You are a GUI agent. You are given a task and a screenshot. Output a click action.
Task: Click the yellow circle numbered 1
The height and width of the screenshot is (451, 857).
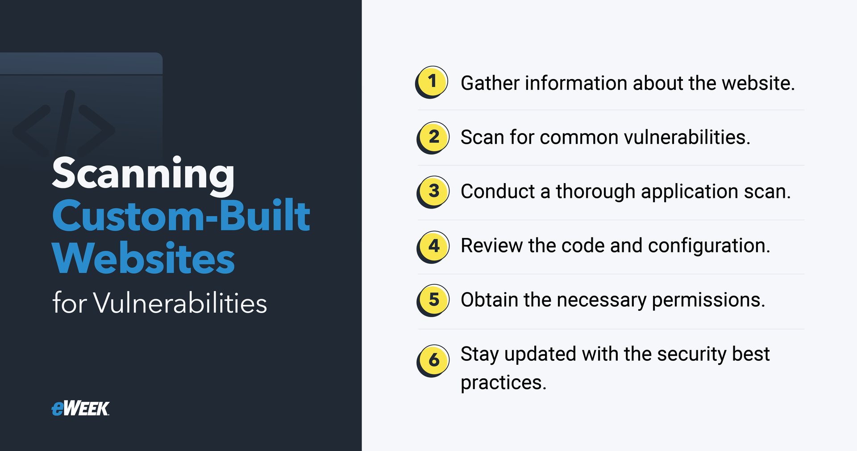pos(432,82)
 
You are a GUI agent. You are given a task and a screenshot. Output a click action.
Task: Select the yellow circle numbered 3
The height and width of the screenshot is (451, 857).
pos(433,191)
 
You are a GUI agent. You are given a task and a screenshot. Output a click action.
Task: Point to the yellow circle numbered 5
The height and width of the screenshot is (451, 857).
pos(433,300)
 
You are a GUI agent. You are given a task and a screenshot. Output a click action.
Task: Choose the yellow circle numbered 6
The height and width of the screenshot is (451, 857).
pos(433,360)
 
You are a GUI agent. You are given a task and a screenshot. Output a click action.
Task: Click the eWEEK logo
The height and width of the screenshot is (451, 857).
pos(80,408)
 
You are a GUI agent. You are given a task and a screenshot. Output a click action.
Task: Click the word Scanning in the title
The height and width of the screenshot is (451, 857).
pos(143,174)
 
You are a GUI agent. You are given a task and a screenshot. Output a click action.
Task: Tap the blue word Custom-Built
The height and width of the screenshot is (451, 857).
pos(181,216)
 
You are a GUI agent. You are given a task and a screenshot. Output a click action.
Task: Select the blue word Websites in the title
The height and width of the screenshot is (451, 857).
pos(143,259)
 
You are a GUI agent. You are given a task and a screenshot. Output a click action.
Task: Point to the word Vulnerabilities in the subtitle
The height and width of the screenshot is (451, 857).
pos(180,303)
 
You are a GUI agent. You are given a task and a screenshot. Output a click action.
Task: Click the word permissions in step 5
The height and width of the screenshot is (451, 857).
pos(708,300)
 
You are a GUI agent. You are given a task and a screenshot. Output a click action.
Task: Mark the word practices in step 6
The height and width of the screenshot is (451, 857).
pos(503,383)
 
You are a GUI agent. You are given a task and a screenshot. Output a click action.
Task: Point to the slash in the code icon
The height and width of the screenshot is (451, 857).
pos(64,123)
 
